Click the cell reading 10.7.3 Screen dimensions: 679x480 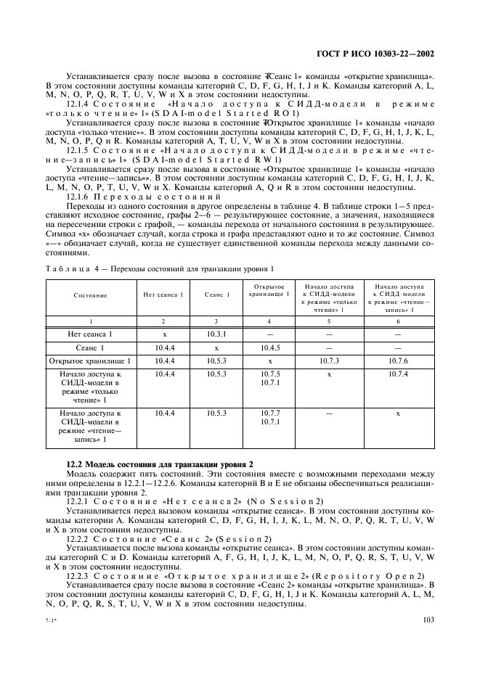(x=329, y=361)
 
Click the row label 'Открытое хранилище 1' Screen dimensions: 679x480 (x=89, y=361)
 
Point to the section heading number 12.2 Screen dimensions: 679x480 (x=76, y=464)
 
